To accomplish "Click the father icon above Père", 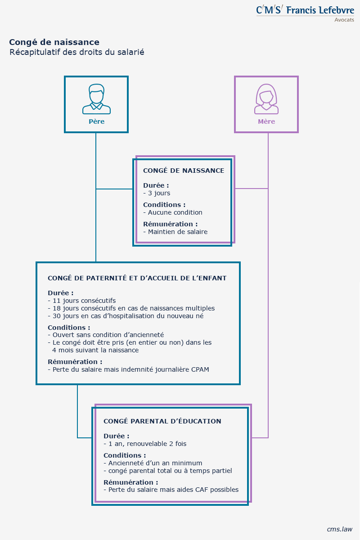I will [x=96, y=99].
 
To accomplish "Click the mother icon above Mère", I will [x=266, y=99].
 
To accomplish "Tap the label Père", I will [x=96, y=121].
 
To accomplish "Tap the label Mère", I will [x=266, y=121].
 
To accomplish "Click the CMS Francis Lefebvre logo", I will [x=305, y=11].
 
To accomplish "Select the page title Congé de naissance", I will [x=54, y=42].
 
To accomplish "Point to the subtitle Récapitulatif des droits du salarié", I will [x=76, y=53].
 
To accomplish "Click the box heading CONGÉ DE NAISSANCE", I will [x=184, y=171].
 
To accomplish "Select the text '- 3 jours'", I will [x=157, y=193].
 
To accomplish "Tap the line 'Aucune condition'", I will [x=173, y=212].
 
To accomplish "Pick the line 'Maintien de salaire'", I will [x=175, y=232].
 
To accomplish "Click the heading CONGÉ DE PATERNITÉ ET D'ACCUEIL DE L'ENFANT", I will [x=137, y=278].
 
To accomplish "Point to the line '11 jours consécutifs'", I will [x=81, y=301].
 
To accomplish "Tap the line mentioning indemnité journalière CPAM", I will [x=128, y=369].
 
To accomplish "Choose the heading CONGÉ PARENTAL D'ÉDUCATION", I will [x=162, y=421].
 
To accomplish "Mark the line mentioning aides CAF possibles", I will [x=171, y=490].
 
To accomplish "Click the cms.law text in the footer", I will [x=340, y=529].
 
